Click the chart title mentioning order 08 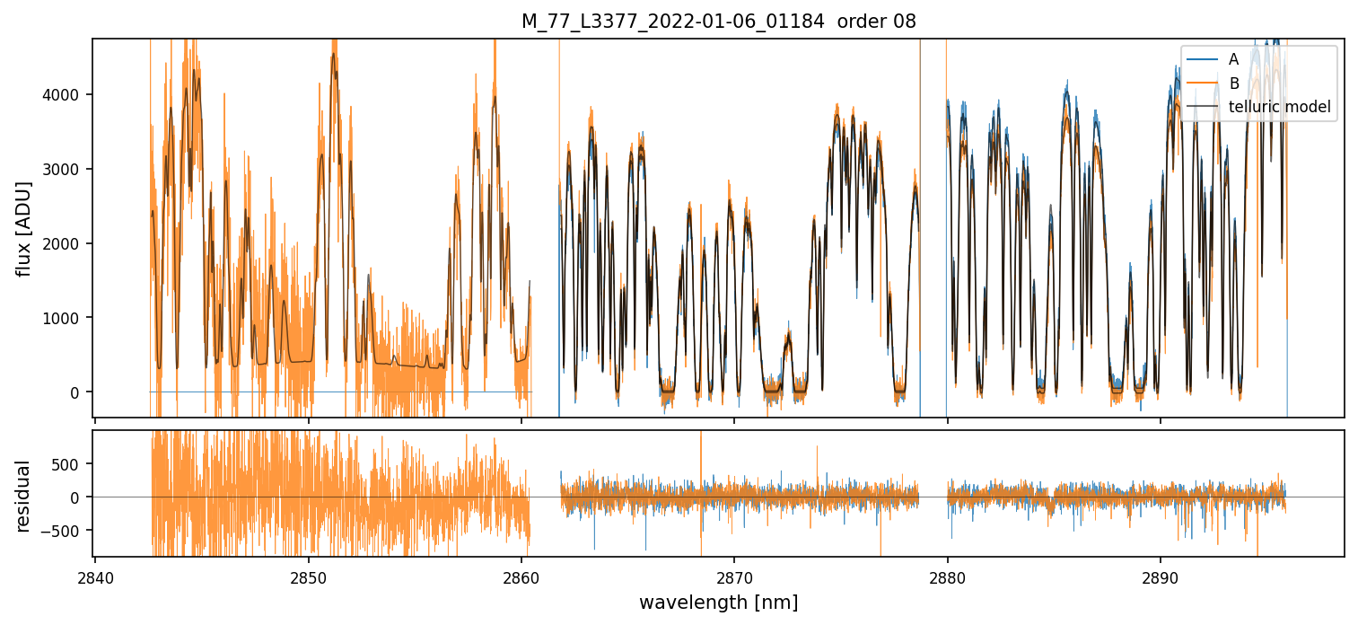click(x=718, y=22)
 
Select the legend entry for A click(x=1233, y=59)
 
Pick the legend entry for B click(x=1233, y=84)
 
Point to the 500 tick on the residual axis click(x=71, y=464)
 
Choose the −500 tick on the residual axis click(x=67, y=531)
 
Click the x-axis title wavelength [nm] click(x=718, y=602)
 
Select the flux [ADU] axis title click(x=24, y=228)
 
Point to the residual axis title click(x=24, y=496)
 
